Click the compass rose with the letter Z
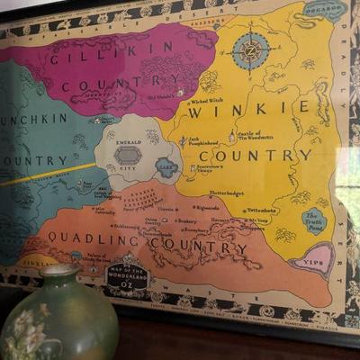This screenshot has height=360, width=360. point(250,50)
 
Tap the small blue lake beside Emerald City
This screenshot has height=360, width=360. point(166,165)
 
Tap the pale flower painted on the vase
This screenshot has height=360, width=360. point(25,334)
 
